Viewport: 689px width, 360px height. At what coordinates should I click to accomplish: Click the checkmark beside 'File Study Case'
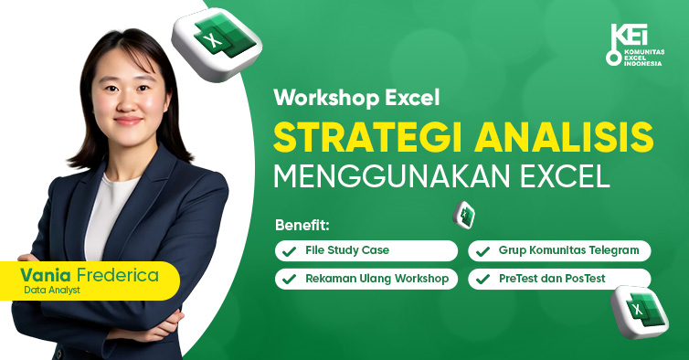pyautogui.click(x=289, y=250)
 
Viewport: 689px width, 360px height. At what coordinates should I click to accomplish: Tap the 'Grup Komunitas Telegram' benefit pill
pyautogui.click(x=559, y=250)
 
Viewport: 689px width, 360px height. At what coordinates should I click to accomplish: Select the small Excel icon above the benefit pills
pyautogui.click(x=464, y=215)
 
